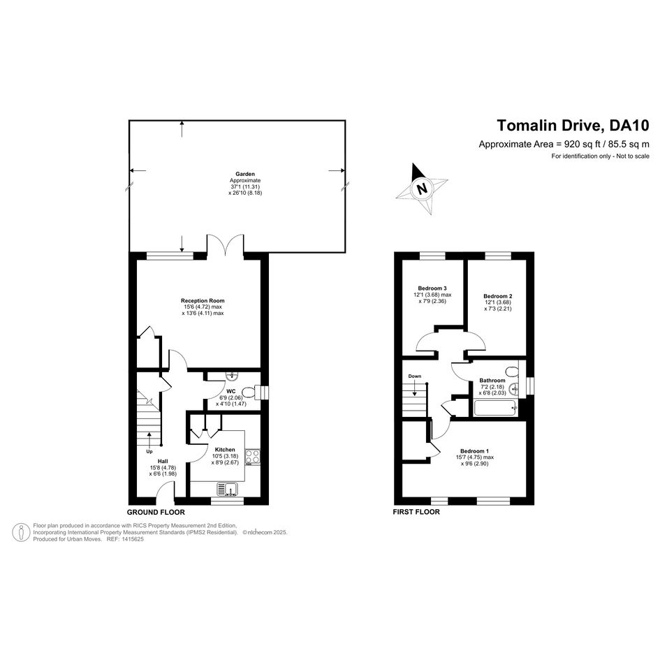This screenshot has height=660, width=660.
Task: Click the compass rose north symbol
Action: pos(421,188)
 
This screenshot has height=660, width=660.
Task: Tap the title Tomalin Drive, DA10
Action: pos(573,126)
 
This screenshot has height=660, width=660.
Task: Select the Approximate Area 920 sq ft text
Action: pos(564,144)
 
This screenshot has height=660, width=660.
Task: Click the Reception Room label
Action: pos(203,301)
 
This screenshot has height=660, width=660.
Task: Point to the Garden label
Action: pos(244,174)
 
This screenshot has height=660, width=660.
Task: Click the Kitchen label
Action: pos(225,450)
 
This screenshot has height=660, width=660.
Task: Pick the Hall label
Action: pos(163,461)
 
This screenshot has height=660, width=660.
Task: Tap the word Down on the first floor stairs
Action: pos(415,376)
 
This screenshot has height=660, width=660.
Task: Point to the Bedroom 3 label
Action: pos(432,288)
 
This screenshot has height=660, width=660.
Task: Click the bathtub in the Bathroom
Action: pos(497,407)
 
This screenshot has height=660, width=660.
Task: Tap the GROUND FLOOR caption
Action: pos(156,512)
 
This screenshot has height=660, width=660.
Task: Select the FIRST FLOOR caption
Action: pos(417,512)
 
